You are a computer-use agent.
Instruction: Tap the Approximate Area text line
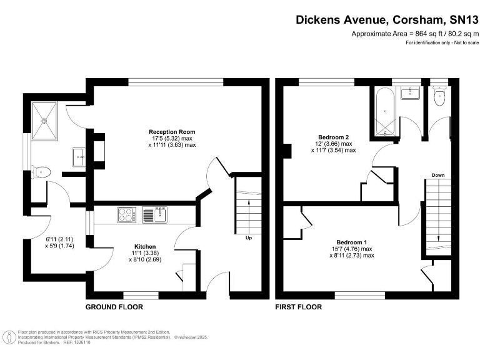coord(415,34)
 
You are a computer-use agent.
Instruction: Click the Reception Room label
coord(172,132)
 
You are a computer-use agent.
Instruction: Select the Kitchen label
coord(145,246)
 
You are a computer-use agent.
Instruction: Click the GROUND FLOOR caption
coord(114,307)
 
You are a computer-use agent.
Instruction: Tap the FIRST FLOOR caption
coord(299,307)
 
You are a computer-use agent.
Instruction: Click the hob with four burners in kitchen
coord(126,215)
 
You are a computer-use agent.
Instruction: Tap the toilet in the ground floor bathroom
coord(42,171)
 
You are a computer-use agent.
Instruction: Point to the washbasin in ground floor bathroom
coord(79,157)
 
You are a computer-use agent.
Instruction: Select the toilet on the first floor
coord(440,96)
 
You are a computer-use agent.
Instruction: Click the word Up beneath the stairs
coord(249,238)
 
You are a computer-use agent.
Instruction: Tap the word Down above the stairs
coord(437,176)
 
